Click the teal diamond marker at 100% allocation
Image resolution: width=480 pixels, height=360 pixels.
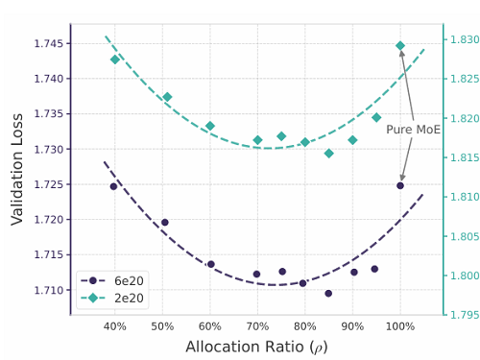click(x=400, y=46)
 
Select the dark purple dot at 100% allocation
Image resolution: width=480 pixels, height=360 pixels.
click(x=400, y=185)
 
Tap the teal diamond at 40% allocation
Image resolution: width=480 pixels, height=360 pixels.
click(x=115, y=60)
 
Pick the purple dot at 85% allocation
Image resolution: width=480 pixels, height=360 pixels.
click(x=328, y=293)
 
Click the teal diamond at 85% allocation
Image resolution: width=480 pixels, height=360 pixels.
click(x=328, y=154)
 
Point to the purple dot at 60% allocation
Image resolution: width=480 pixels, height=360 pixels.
click(x=211, y=264)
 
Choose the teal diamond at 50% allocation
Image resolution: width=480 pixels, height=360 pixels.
click(x=167, y=97)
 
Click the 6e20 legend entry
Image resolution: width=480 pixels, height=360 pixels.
click(x=112, y=280)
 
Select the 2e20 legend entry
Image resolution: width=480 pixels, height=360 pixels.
click(x=112, y=298)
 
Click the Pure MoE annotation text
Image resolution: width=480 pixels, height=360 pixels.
click(x=413, y=130)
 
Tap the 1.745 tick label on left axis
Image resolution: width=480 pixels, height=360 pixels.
click(x=49, y=43)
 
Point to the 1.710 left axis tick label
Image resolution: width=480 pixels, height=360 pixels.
click(x=49, y=290)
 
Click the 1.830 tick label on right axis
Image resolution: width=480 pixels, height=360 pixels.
click(x=465, y=39)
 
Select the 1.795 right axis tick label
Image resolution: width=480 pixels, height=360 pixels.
click(x=465, y=315)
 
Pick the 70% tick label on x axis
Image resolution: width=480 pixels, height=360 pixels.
click(x=257, y=326)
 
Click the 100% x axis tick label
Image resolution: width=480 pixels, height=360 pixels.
click(x=400, y=326)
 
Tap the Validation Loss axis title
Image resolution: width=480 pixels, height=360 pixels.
click(x=17, y=170)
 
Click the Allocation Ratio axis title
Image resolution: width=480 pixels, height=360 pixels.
click(x=256, y=348)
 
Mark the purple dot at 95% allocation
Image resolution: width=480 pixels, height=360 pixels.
click(x=374, y=269)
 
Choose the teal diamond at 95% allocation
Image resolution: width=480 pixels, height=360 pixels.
click(x=376, y=117)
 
